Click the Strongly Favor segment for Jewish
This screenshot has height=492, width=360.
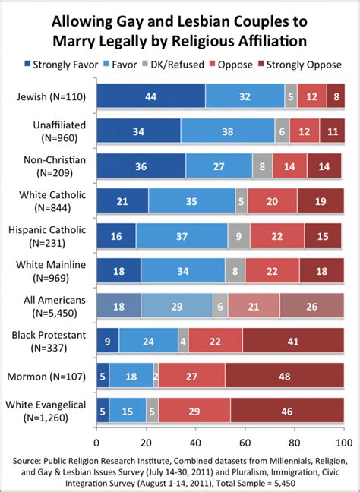151,97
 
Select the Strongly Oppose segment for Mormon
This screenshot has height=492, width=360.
284,375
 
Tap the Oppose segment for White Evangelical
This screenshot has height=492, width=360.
194,411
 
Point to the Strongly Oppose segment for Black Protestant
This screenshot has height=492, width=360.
293,341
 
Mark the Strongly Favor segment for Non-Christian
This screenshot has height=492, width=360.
141,166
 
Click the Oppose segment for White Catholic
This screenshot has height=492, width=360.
272,201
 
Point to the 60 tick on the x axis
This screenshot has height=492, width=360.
245,441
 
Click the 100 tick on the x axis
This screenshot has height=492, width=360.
343,441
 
